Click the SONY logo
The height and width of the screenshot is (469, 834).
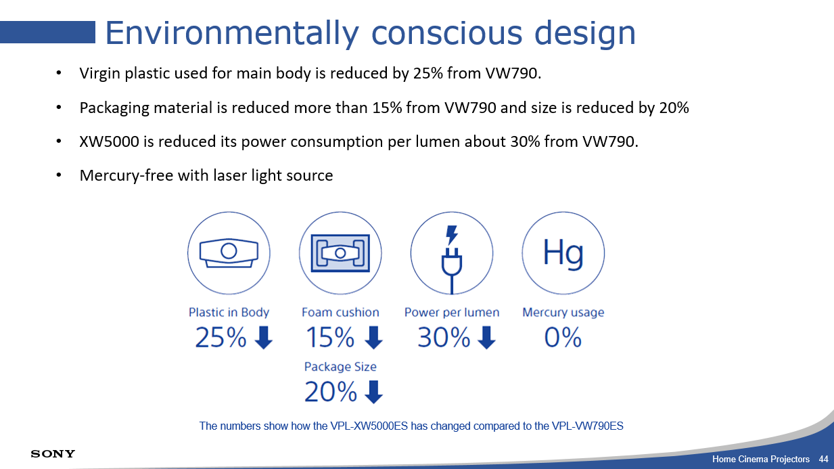53,453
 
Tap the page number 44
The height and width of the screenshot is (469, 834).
823,460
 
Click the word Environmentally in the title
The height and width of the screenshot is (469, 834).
232,33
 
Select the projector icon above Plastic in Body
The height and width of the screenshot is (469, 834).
229,253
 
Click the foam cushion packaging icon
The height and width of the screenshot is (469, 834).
340,253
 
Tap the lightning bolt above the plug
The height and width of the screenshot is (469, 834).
452,235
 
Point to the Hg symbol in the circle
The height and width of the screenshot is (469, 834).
563,253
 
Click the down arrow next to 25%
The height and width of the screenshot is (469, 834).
264,338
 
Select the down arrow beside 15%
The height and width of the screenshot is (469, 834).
373,338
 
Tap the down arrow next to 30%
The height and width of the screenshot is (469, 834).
486,338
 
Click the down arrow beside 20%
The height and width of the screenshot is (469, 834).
373,392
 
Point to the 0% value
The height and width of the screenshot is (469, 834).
563,338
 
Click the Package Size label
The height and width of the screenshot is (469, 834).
340,367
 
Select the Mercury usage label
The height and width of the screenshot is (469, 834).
563,313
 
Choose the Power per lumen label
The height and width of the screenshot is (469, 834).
452,313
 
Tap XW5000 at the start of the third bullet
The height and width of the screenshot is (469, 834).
109,141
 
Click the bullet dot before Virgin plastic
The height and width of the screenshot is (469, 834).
58,73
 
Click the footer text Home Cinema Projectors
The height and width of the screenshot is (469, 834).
761,460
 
